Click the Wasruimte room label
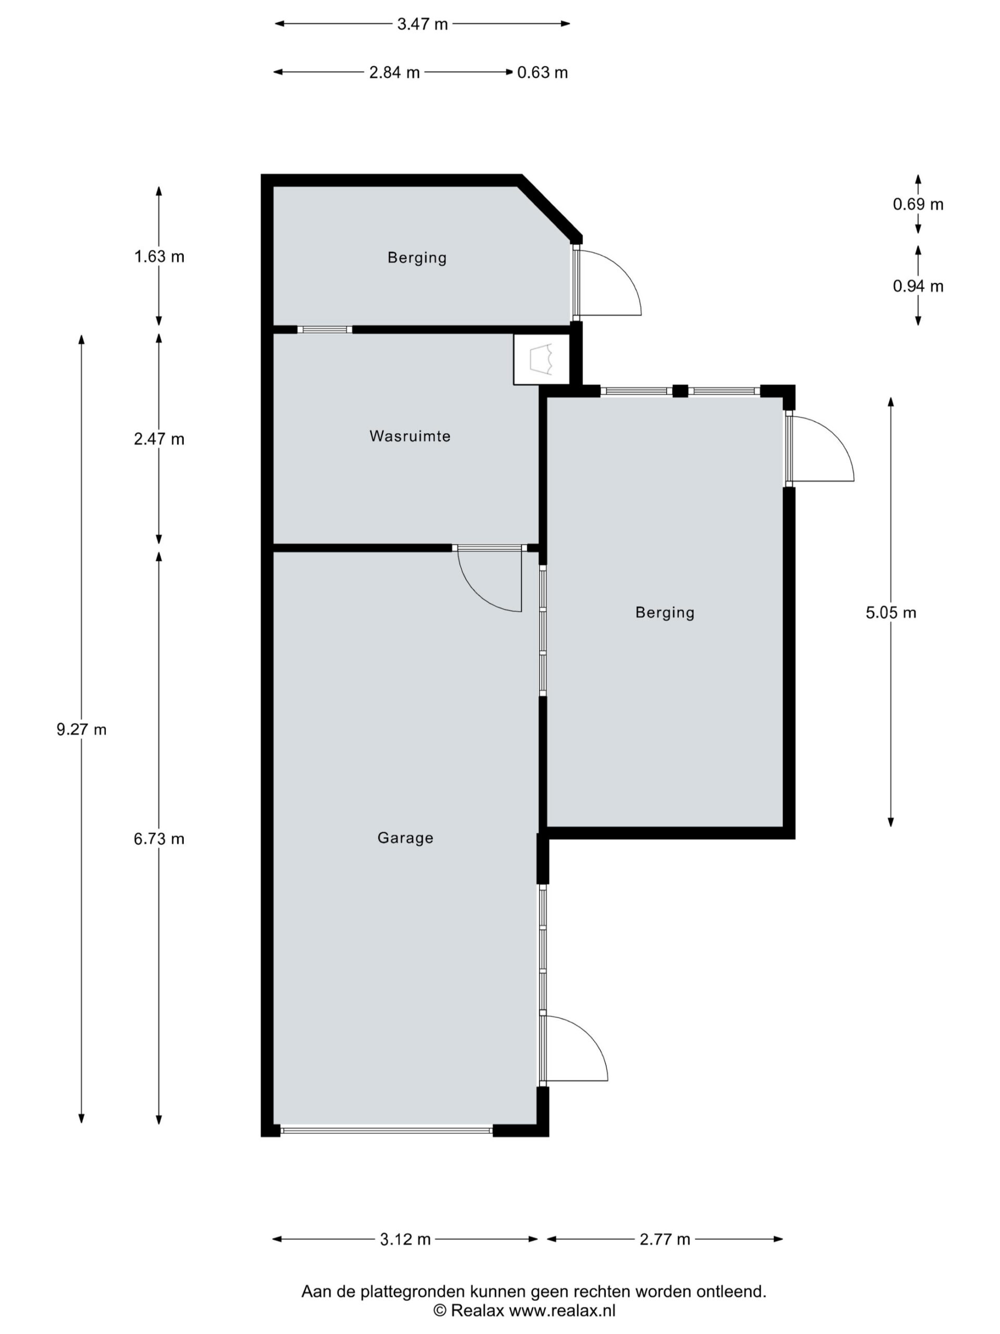[410, 436]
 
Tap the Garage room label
[405, 838]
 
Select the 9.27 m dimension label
[81, 730]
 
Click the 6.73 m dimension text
[159, 839]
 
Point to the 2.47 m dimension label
[159, 439]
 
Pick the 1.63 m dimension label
[159, 256]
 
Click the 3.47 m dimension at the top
[422, 24]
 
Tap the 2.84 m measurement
[394, 72]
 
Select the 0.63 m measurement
[543, 72]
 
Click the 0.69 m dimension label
[918, 204]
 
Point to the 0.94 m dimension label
[918, 286]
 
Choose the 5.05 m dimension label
[891, 613]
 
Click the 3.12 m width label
[405, 1239]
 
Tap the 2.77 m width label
[665, 1239]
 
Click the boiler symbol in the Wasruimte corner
[541, 360]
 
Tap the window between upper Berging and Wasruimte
[325, 329]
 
